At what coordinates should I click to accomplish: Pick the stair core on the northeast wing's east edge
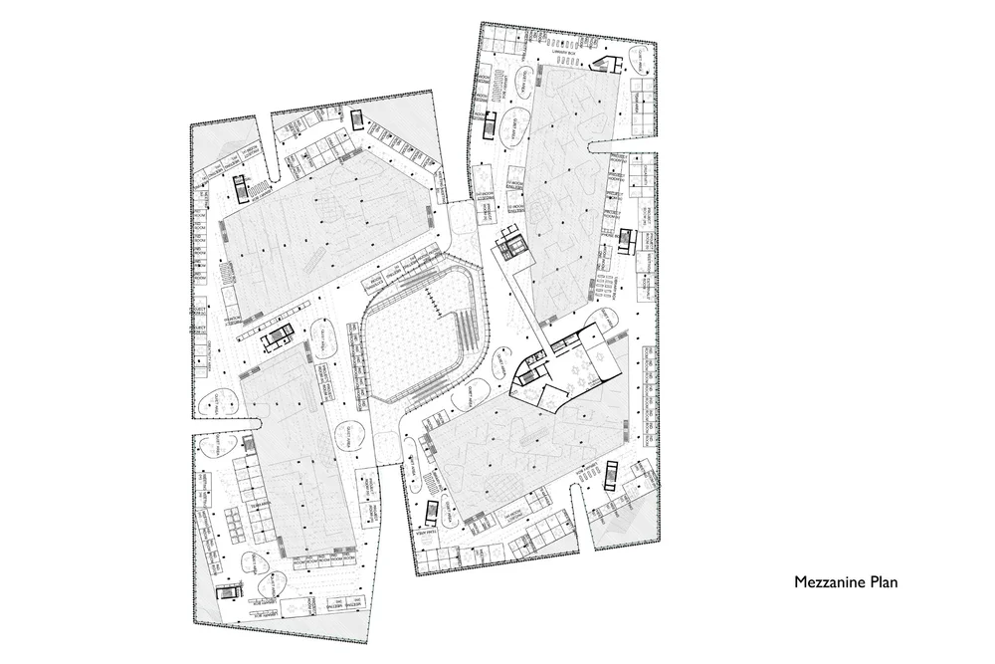[626, 241]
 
